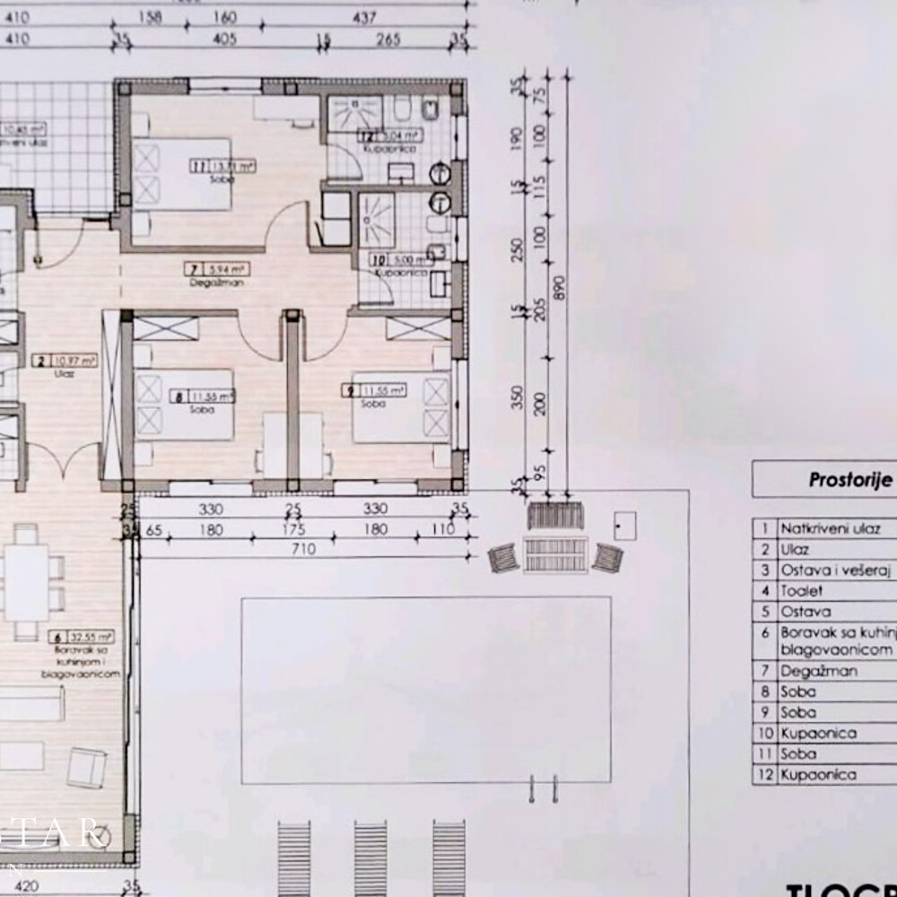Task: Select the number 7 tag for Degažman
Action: [x=192, y=267]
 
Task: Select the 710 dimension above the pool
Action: [x=303, y=549]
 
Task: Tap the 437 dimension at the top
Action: [x=364, y=16]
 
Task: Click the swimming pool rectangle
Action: [x=426, y=689]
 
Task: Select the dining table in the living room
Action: [x=26, y=582]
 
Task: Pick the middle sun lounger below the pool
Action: [x=370, y=857]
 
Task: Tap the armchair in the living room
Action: [x=87, y=767]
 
